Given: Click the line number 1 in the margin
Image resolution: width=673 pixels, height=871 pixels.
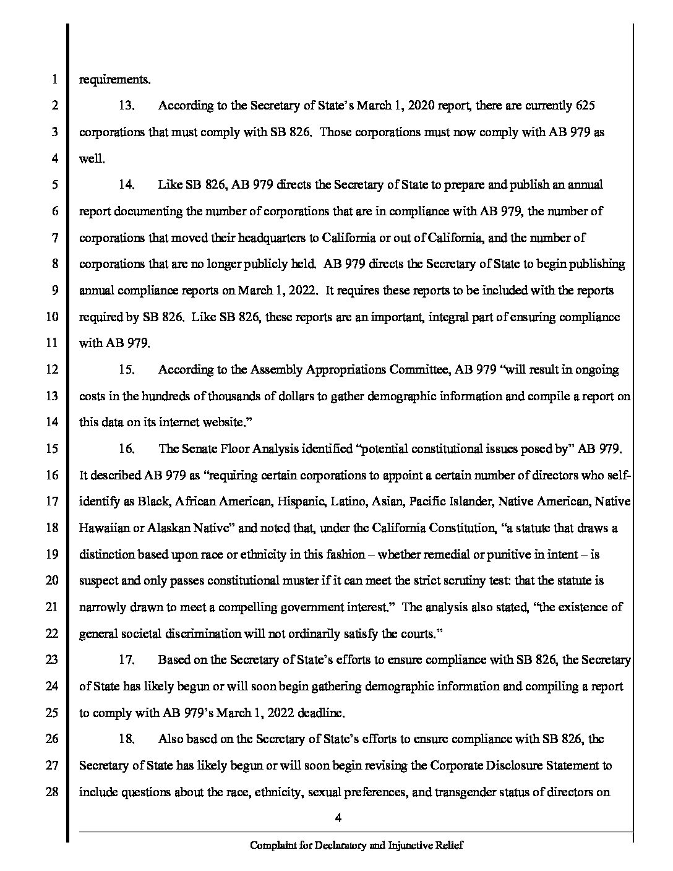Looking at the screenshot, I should [54, 80].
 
